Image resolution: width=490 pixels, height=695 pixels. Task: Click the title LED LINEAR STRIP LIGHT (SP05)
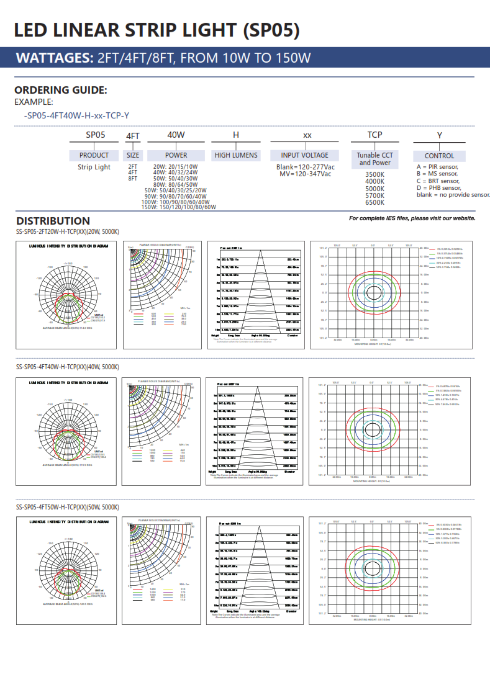(157, 30)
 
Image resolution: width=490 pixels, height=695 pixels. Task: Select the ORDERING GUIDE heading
(61, 90)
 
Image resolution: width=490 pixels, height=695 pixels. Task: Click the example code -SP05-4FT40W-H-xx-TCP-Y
(76, 115)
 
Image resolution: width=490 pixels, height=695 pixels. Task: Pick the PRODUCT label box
(94, 155)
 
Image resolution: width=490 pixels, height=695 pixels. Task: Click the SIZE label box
(133, 155)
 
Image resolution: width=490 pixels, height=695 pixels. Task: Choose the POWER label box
(176, 155)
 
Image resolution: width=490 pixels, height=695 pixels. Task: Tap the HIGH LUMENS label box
(236, 155)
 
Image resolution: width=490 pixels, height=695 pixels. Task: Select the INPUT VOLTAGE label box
(305, 155)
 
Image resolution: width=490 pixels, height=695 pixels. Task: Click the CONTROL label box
(439, 156)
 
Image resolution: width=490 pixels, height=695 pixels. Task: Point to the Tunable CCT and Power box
(375, 159)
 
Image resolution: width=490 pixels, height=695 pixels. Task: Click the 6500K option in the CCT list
(374, 202)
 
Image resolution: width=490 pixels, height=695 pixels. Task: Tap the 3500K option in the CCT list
(374, 175)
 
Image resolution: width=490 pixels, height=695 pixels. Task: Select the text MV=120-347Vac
(305, 174)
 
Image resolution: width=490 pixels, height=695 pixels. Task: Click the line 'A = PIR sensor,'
(437, 167)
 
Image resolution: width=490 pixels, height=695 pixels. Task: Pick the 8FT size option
(133, 178)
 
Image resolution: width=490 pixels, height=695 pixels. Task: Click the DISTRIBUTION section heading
(53, 221)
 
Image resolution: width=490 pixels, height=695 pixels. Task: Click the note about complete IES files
(412, 218)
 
